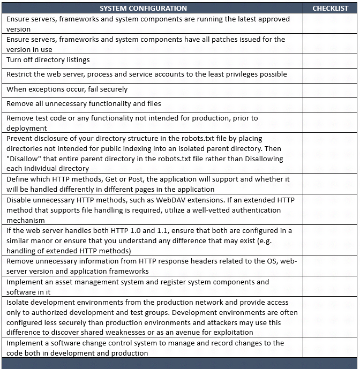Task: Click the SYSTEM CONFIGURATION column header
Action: pyautogui.click(x=143, y=8)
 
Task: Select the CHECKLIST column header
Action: pyautogui.click(x=331, y=8)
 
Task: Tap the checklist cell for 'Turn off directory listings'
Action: pyautogui.click(x=331, y=61)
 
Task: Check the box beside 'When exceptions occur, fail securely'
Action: pyautogui.click(x=331, y=89)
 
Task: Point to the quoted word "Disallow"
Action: pyautogui.click(x=23, y=159)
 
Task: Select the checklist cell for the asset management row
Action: pyautogui.click(x=331, y=287)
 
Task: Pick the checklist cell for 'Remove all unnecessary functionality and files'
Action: pyautogui.click(x=331, y=104)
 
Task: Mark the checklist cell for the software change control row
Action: pyautogui.click(x=331, y=348)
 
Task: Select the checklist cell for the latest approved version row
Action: pyautogui.click(x=331, y=24)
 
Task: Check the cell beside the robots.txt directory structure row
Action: pyautogui.click(x=331, y=154)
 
